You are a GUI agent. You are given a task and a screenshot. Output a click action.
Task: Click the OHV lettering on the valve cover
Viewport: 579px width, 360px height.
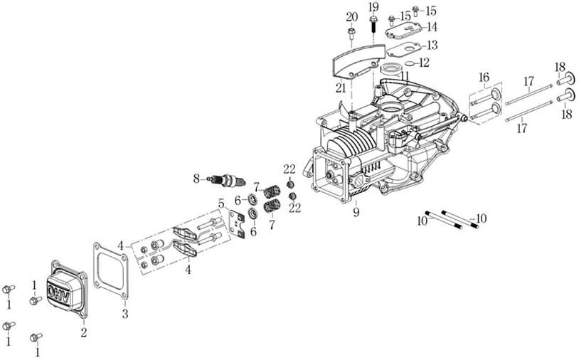tap(58, 291)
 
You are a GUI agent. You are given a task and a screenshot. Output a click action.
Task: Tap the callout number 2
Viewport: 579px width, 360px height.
tap(84, 333)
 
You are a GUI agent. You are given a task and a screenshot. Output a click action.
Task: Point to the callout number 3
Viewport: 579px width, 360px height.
tap(125, 314)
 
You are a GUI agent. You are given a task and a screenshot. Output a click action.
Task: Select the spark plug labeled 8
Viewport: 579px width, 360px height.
tap(228, 181)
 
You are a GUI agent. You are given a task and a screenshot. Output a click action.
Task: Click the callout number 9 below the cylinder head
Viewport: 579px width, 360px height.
tap(356, 212)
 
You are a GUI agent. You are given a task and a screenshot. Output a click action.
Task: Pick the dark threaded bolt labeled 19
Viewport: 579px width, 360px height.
tap(373, 24)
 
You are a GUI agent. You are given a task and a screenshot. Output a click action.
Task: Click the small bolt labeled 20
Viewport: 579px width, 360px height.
tap(351, 34)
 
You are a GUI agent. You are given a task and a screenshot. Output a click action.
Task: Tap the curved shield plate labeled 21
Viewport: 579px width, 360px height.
tap(358, 61)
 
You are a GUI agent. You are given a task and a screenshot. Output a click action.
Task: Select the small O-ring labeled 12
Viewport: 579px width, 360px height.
tap(409, 63)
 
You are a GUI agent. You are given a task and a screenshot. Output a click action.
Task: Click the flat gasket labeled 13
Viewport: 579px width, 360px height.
tap(403, 50)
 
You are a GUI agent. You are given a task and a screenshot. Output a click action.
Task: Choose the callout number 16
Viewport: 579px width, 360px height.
tap(484, 78)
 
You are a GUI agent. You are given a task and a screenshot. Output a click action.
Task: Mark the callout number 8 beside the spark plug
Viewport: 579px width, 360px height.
tap(196, 179)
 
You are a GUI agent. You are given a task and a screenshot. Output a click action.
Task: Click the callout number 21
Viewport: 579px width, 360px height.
tap(341, 88)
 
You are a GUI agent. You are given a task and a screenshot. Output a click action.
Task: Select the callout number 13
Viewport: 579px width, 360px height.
tap(432, 45)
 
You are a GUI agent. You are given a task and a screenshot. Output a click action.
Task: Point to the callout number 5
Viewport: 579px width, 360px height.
tap(221, 203)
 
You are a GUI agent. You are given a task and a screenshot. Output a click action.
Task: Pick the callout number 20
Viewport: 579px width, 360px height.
tap(352, 17)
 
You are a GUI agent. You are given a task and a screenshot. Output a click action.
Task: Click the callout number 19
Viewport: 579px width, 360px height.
tap(373, 7)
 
